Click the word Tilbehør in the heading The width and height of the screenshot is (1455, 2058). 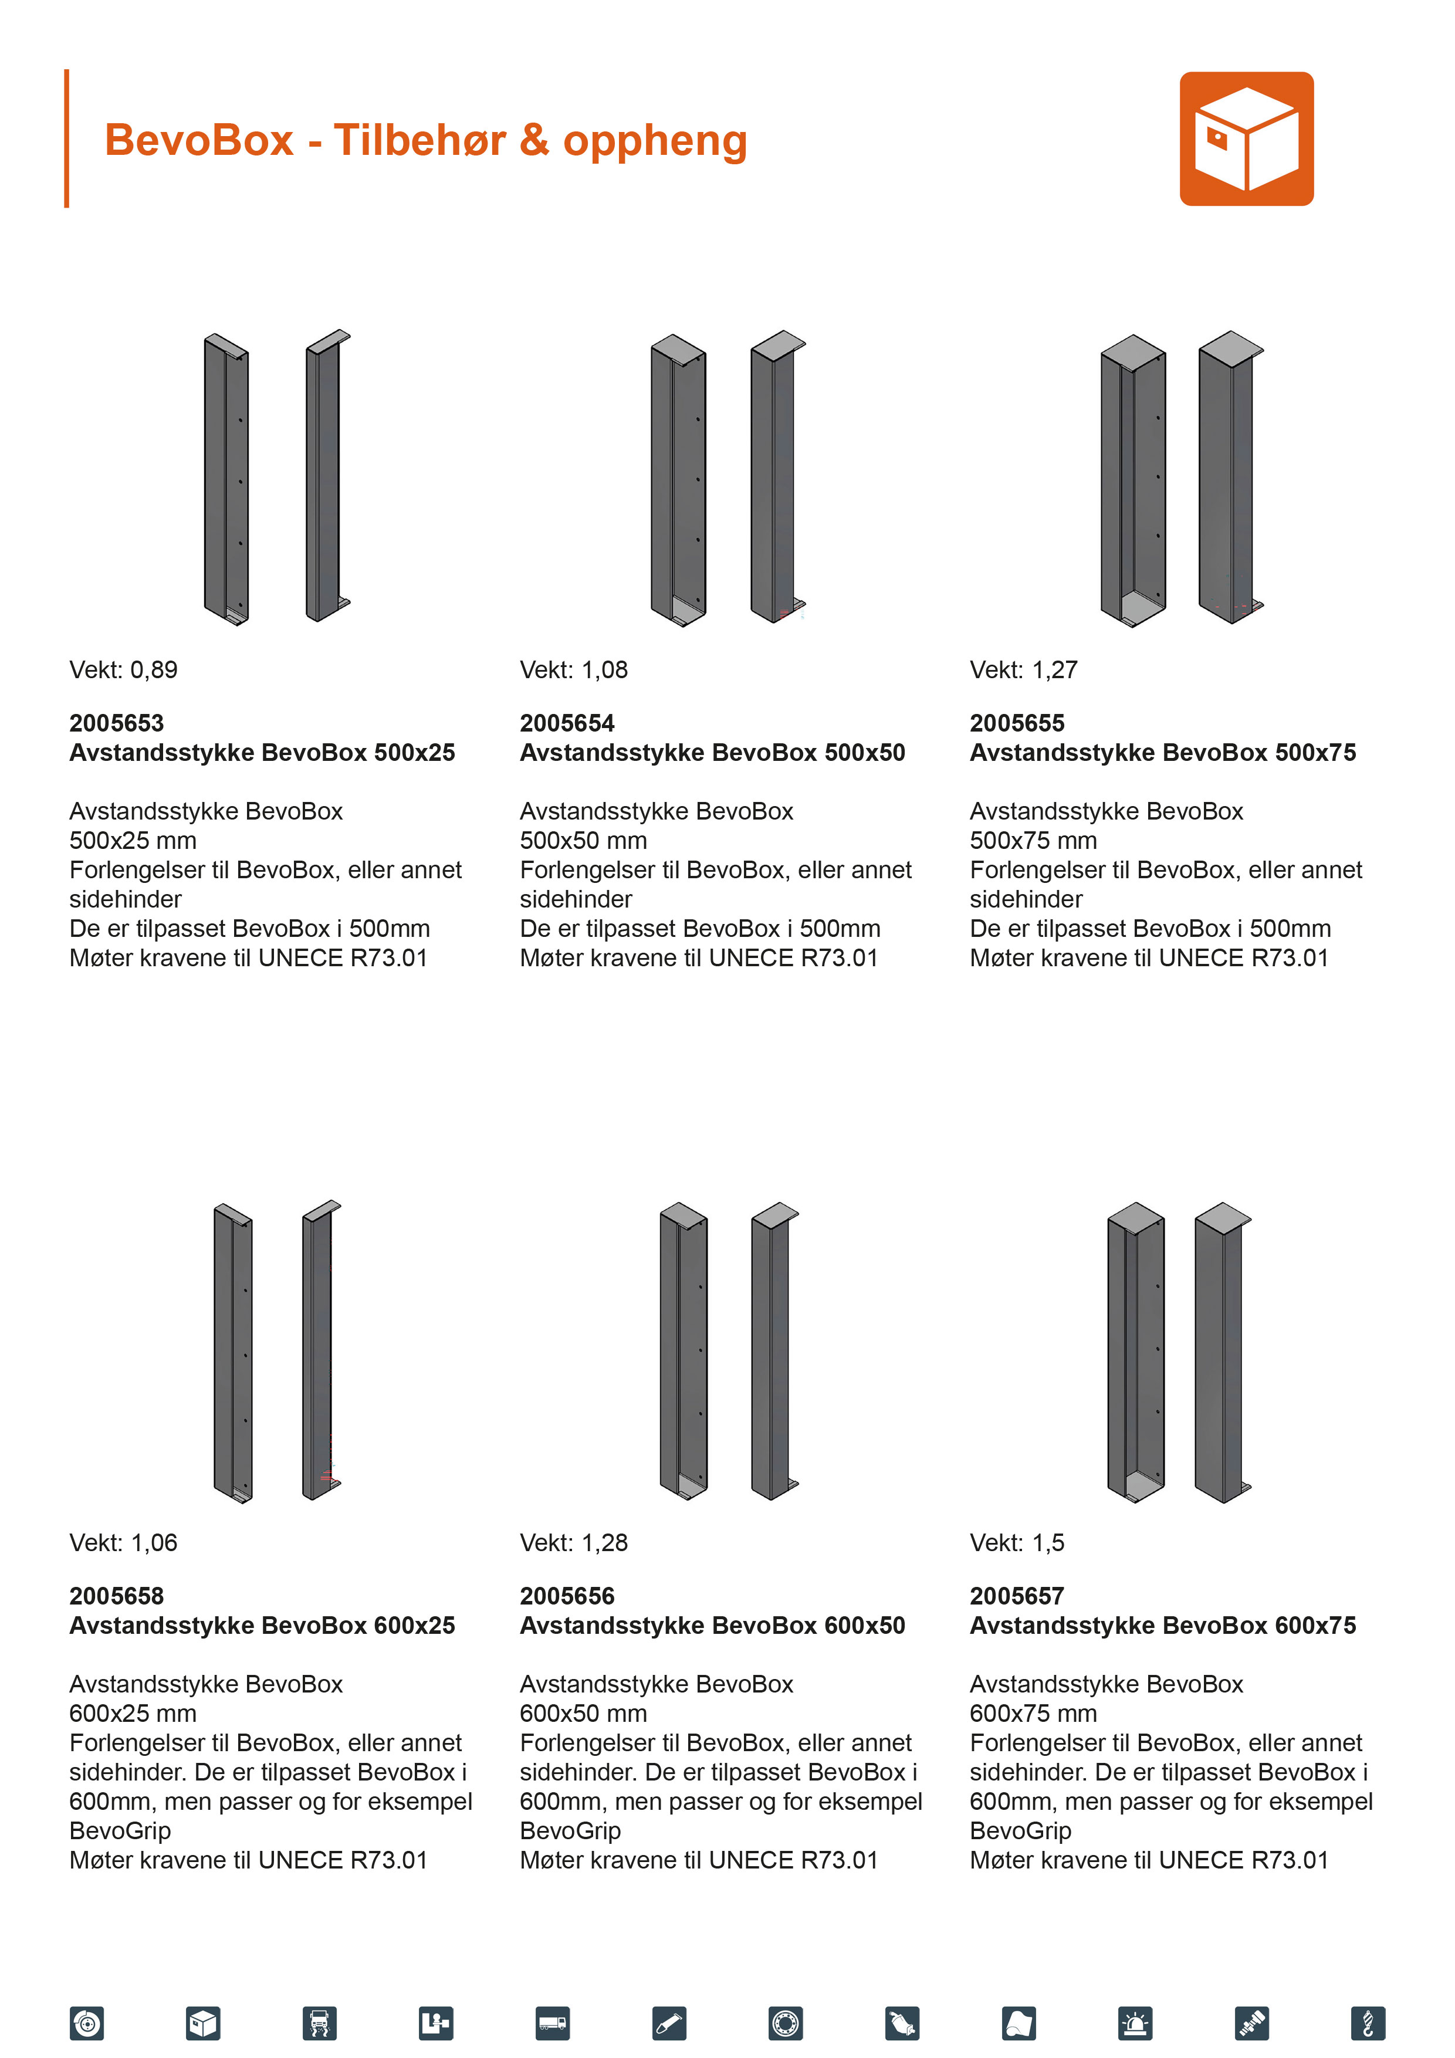[419, 141]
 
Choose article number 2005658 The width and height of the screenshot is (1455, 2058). [117, 1596]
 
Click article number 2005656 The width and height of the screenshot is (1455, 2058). [567, 1596]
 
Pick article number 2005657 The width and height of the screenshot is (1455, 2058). [1017, 1596]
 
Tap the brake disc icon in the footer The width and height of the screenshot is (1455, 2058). [87, 2023]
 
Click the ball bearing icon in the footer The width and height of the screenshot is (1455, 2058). [786, 2023]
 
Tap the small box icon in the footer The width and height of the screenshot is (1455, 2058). [204, 2023]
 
